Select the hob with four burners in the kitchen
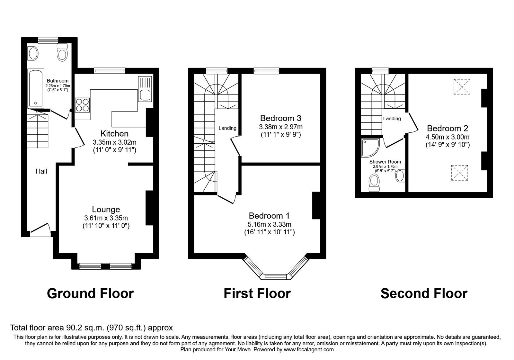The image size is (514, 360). (82, 105)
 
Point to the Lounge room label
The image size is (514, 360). (106, 210)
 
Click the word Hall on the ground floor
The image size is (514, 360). (41, 172)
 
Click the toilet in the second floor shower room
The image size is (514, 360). (374, 183)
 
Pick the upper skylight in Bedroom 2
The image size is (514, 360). (462, 87)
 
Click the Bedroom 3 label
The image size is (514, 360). (280, 118)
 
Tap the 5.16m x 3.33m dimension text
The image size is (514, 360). (269, 224)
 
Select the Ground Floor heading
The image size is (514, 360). (90, 293)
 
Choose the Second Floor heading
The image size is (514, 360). (424, 293)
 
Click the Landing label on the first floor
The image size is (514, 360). (227, 128)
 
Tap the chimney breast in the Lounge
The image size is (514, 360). (150, 208)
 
